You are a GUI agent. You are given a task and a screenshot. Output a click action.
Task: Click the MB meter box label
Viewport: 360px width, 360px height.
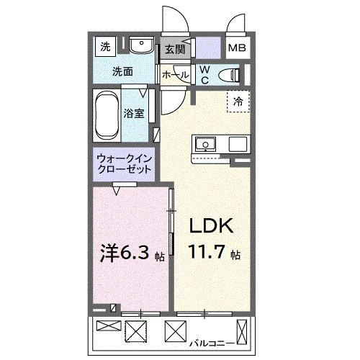point(236,49)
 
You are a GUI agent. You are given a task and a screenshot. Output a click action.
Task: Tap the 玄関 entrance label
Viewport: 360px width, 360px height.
point(174,49)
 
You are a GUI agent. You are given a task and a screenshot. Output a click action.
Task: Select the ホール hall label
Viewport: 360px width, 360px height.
point(175,74)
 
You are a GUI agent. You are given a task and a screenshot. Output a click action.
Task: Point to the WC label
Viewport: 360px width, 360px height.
point(204,73)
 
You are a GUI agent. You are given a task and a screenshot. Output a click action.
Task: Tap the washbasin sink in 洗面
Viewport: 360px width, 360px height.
point(141,48)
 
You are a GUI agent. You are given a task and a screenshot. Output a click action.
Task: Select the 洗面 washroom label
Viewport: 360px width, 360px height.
point(122,71)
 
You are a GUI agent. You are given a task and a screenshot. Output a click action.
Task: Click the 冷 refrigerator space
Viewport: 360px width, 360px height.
point(237,102)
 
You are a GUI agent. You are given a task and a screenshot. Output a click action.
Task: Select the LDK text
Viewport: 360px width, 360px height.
point(210,227)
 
